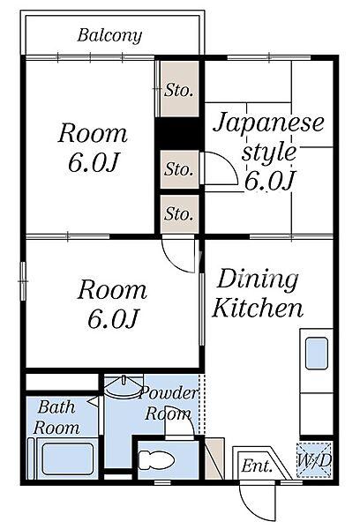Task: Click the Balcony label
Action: pyautogui.click(x=109, y=36)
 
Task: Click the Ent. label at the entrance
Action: pyautogui.click(x=256, y=465)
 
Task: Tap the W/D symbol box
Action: pyautogui.click(x=313, y=461)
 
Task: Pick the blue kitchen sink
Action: pyautogui.click(x=316, y=354)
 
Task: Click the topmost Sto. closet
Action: pyautogui.click(x=179, y=90)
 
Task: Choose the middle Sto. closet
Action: pyautogui.click(x=179, y=168)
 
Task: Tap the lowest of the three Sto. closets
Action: pyautogui.click(x=179, y=213)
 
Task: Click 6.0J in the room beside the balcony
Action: pyautogui.click(x=93, y=163)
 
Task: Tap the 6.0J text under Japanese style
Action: pyautogui.click(x=269, y=181)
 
